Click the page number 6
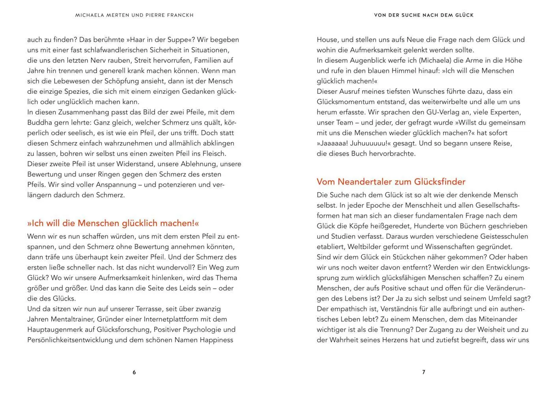point(134,372)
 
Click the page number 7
point(424,372)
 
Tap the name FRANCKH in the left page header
point(179,15)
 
